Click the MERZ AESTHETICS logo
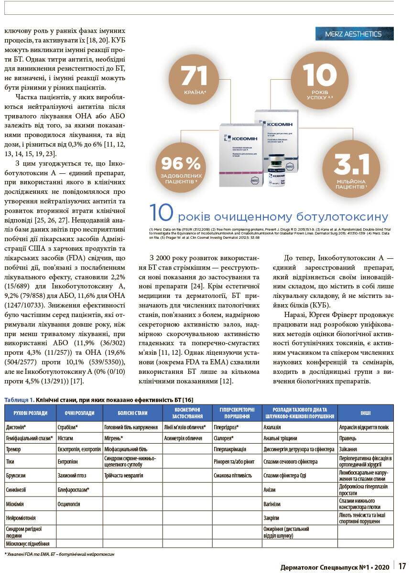[x=355, y=34]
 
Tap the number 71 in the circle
[x=194, y=76]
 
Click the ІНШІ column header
[x=365, y=413]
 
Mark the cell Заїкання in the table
[x=349, y=449]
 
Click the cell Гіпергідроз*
[x=226, y=427]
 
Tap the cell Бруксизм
[x=16, y=476]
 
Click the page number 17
[x=402, y=566]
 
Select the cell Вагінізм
[x=272, y=504]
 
